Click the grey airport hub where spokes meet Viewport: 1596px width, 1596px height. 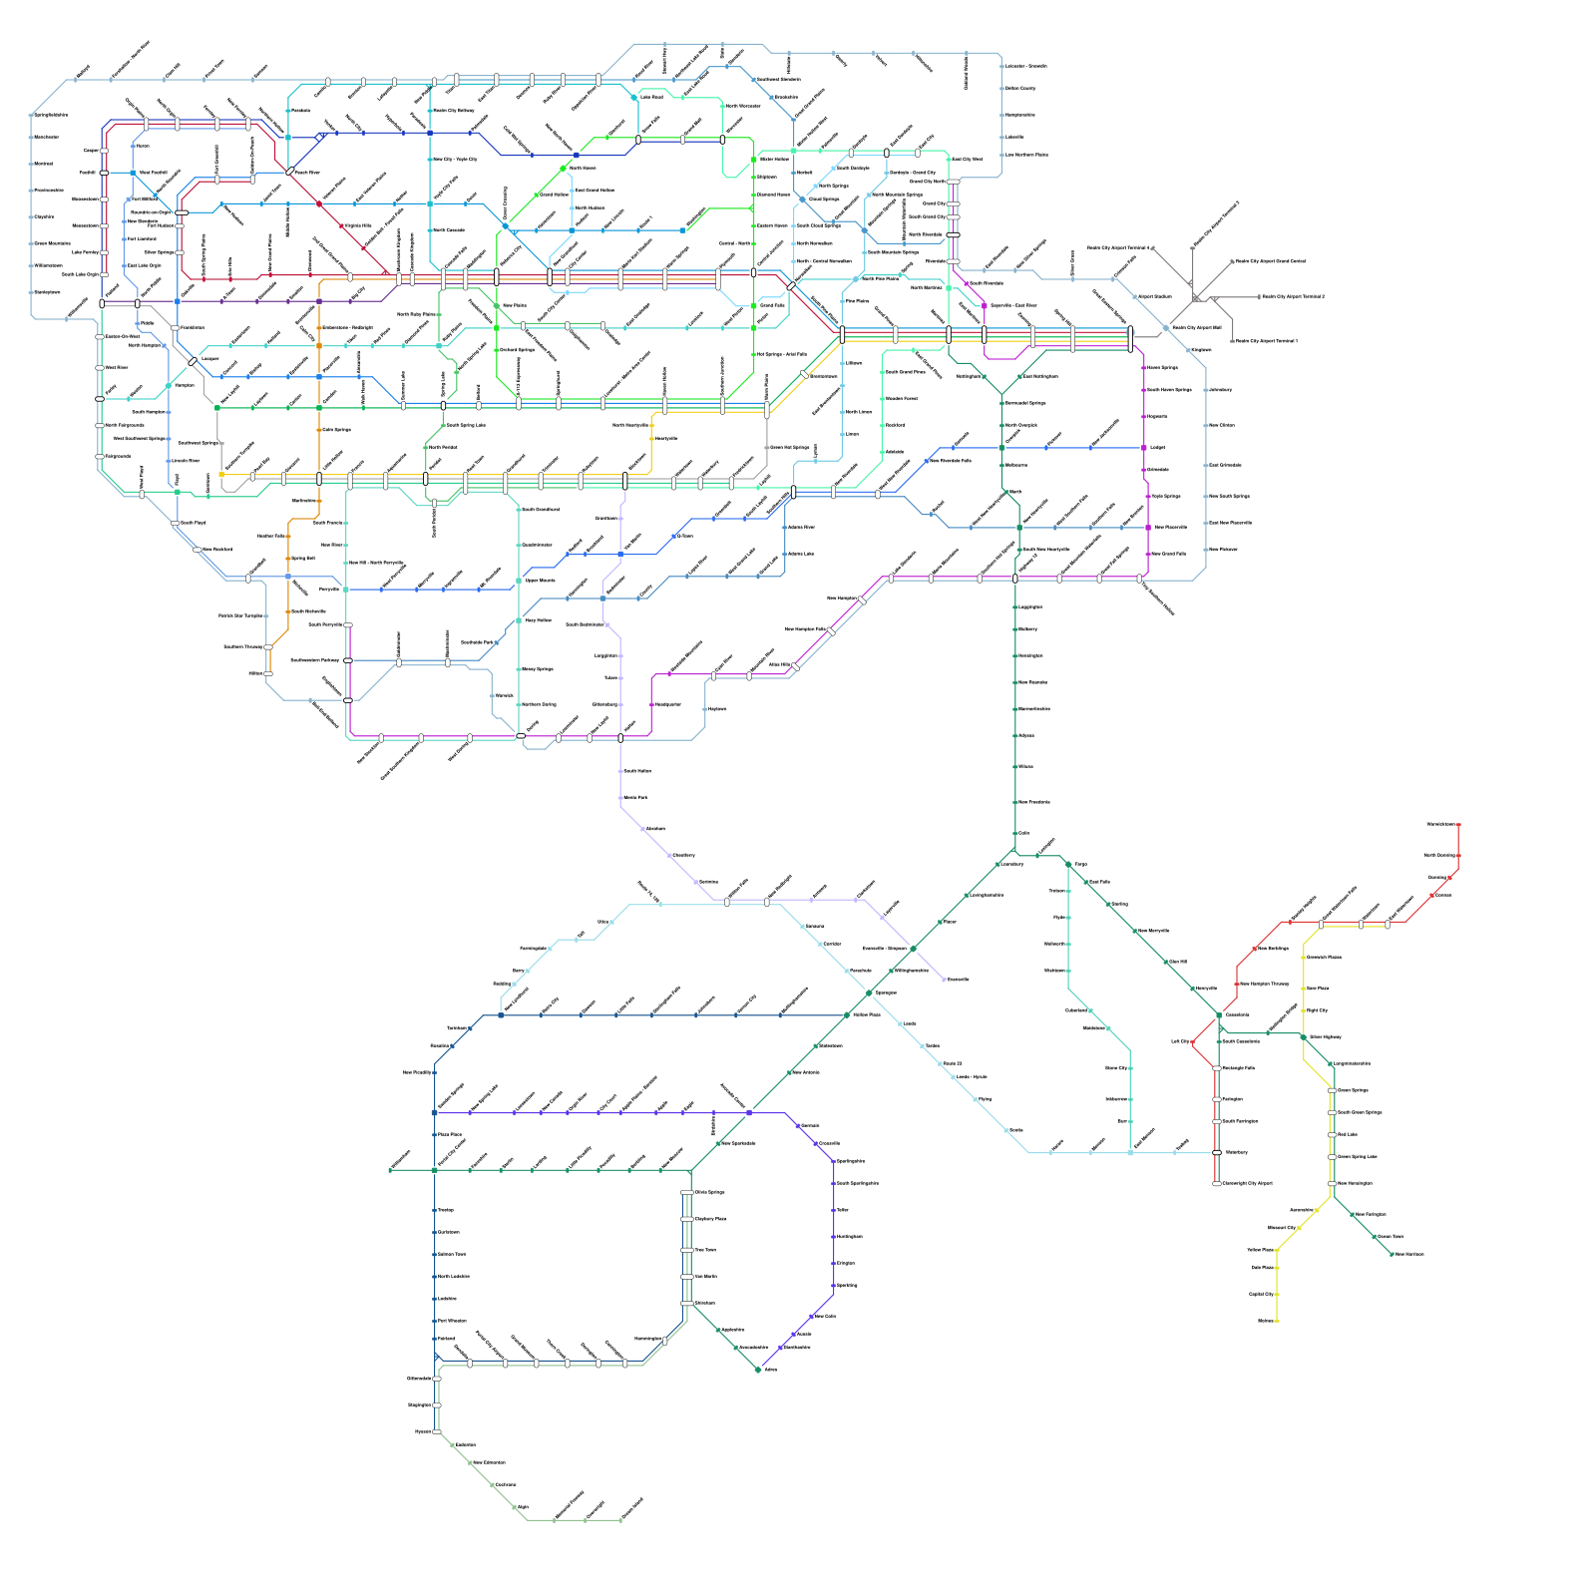(x=1196, y=298)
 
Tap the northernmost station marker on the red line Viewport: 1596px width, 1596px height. (x=1459, y=825)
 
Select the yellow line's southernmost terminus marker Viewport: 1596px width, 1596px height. (x=1277, y=1321)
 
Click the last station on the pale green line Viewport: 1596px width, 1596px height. (x=621, y=1520)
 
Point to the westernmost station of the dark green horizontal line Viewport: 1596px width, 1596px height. (x=390, y=1170)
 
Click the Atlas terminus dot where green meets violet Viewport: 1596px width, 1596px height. (x=759, y=1370)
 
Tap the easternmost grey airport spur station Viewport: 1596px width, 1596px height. (x=1257, y=296)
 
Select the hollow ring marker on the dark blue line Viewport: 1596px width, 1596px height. (x=319, y=137)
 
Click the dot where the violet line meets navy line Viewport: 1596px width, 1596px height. (x=434, y=1112)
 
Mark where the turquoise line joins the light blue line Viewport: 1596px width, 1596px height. (x=1129, y=1153)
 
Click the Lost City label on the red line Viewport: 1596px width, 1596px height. (x=1179, y=1041)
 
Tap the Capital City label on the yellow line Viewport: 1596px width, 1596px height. (x=1281, y=1228)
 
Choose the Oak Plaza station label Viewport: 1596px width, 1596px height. (x=1262, y=1268)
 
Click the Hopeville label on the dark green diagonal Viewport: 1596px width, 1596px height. (x=1206, y=989)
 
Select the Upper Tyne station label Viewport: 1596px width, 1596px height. (x=1391, y=1237)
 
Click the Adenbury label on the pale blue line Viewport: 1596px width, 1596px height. (x=1220, y=390)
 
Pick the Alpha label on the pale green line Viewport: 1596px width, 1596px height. (x=523, y=1507)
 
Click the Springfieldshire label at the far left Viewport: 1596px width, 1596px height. (x=51, y=115)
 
